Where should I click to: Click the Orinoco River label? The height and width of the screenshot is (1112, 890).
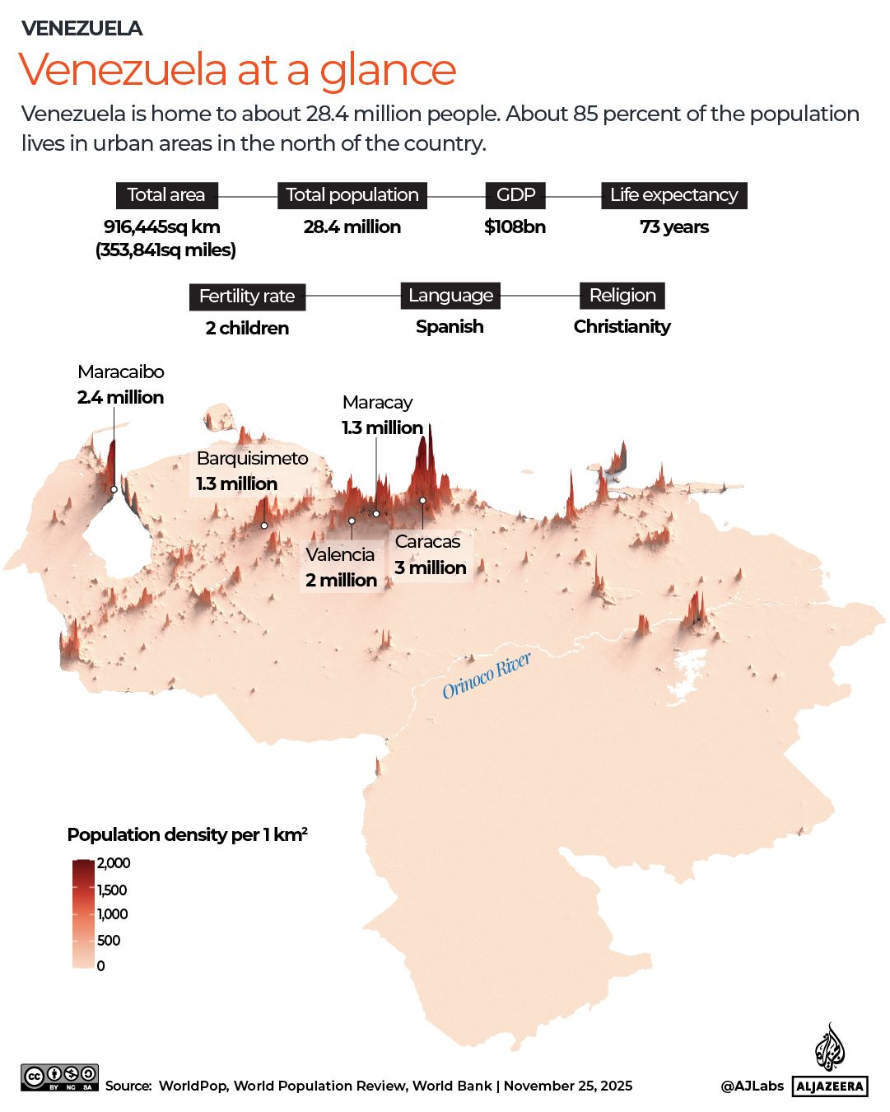[x=486, y=675]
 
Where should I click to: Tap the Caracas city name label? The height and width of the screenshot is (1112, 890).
[x=427, y=542]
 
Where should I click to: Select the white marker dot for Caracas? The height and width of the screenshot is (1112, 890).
[x=422, y=500]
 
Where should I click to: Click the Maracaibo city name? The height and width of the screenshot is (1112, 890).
[x=121, y=372]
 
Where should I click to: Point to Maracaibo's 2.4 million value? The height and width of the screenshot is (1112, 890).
[x=121, y=398]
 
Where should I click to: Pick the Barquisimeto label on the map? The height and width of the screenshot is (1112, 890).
[x=252, y=459]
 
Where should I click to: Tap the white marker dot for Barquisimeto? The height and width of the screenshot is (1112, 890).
[x=264, y=526]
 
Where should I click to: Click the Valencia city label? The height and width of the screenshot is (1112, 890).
[x=340, y=554]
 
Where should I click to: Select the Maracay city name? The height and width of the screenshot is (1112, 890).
[x=377, y=403]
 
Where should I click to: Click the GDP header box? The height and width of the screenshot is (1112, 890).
[x=515, y=195]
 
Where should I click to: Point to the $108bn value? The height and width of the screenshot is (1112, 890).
[x=515, y=227]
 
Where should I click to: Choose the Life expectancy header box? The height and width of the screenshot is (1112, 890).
[x=673, y=195]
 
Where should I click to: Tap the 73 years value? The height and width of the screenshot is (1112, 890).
[x=673, y=227]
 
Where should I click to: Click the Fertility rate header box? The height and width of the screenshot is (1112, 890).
[x=247, y=297]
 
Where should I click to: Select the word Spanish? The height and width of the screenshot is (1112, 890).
[x=450, y=327]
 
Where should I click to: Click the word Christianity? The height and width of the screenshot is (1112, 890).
[x=622, y=327]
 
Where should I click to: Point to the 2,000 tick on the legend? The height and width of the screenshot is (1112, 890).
[x=114, y=863]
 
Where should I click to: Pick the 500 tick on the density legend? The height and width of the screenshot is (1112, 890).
[x=109, y=941]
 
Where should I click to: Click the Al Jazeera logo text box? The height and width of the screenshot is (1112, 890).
[x=830, y=1086]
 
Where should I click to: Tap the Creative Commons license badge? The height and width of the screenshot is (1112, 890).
[x=60, y=1077]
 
